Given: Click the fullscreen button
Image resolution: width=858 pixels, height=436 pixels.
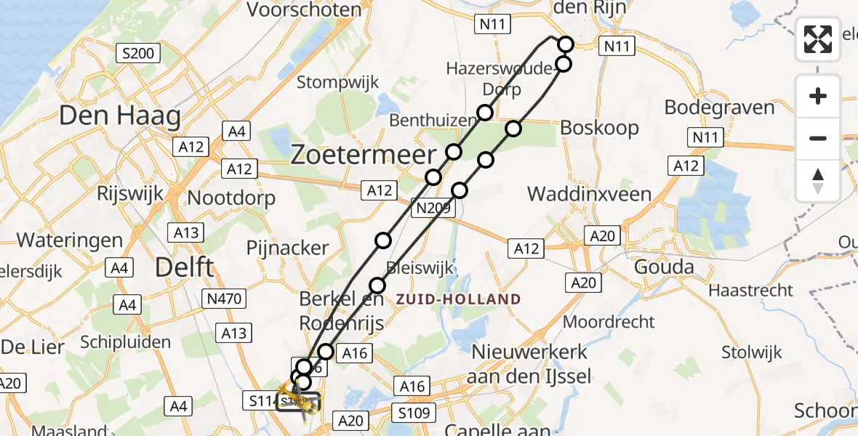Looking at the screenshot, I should [818, 39].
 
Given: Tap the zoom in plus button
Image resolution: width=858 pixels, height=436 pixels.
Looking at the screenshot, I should [818, 96].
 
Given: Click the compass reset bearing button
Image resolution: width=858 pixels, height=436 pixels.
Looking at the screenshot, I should [818, 181].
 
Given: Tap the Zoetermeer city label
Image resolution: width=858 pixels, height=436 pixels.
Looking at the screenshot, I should [364, 155].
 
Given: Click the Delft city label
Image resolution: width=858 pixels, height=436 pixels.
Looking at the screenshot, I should [185, 267].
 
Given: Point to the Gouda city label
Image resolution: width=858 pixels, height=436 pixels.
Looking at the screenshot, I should [664, 267].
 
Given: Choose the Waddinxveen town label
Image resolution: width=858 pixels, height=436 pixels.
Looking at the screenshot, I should [589, 194].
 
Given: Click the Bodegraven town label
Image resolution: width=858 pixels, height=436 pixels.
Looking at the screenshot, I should [719, 108].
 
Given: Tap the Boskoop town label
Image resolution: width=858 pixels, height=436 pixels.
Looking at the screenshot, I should [599, 128].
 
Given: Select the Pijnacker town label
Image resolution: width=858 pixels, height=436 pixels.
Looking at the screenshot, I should [287, 248].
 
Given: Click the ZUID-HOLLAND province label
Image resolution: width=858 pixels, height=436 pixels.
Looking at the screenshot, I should [458, 299].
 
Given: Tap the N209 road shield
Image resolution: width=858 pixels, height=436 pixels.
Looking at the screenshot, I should [433, 209].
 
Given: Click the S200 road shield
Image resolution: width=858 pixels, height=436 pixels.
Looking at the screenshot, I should [137, 52].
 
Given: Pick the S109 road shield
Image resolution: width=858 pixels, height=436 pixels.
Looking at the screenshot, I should [414, 413].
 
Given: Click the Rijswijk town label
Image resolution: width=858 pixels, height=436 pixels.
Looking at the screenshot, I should [132, 194].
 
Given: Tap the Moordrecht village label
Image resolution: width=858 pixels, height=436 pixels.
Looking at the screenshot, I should [609, 321].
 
